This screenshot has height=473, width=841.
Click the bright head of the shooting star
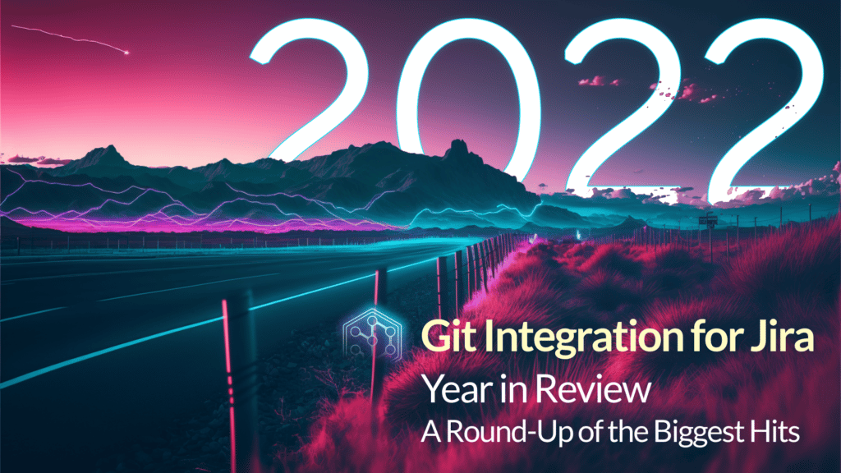126,53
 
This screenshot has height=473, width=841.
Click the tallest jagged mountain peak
456,148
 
